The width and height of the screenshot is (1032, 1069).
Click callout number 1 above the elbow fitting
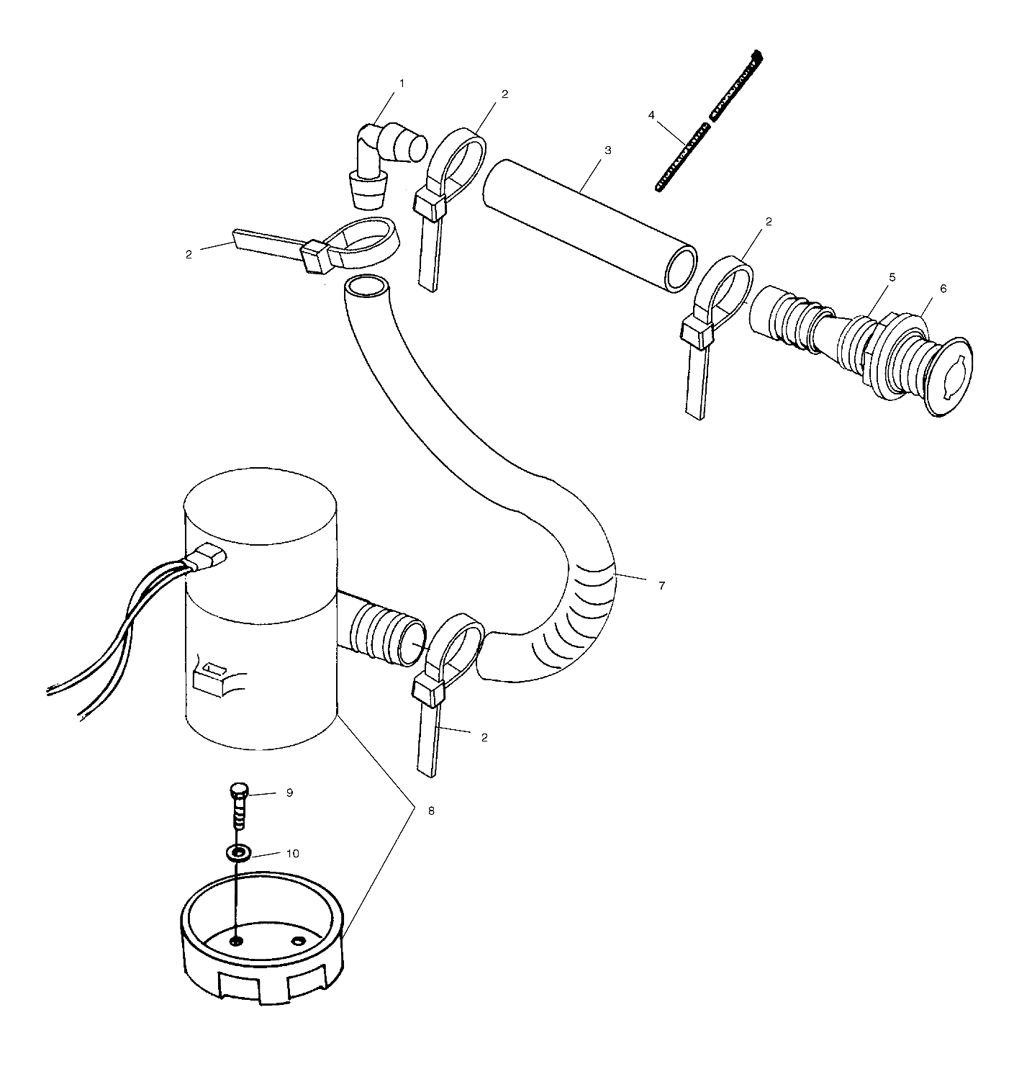[402, 84]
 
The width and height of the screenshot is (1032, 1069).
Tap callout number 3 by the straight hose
[607, 150]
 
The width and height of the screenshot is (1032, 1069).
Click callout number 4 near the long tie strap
[651, 115]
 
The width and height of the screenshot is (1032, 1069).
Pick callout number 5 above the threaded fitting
[892, 277]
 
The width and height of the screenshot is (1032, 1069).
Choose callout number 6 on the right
[943, 289]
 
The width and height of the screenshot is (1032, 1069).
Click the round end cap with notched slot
[949, 375]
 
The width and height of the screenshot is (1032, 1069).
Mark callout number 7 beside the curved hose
[661, 585]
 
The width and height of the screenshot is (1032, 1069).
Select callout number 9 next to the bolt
[289, 793]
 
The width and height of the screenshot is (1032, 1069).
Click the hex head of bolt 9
[239, 792]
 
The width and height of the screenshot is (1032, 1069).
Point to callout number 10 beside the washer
[292, 854]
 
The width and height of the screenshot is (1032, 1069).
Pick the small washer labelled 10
[238, 854]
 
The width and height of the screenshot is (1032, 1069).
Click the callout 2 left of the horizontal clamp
[189, 254]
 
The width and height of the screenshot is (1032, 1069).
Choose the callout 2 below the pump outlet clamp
[484, 738]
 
